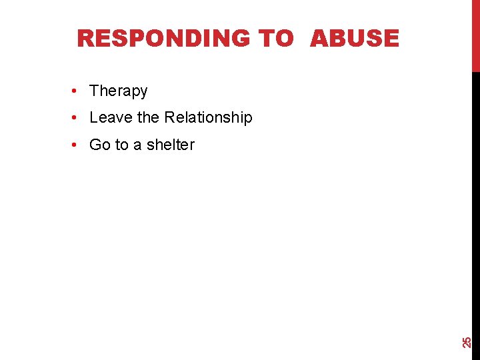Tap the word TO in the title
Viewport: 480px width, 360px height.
click(276, 39)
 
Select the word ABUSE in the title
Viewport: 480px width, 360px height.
click(355, 39)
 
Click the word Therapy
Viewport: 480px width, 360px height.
click(118, 91)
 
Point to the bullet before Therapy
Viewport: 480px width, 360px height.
click(79, 91)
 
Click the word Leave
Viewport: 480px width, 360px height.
click(111, 117)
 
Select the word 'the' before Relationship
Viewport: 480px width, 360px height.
click(148, 117)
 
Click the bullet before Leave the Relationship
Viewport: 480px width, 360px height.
click(79, 117)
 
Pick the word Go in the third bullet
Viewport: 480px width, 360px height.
click(99, 145)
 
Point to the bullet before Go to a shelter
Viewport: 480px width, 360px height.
click(79, 145)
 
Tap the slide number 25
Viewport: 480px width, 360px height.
click(467, 342)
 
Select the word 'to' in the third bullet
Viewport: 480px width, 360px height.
click(122, 145)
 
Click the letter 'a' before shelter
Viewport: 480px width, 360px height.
click(137, 145)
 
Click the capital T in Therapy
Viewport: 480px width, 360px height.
click(94, 91)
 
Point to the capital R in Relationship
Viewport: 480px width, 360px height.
click(169, 117)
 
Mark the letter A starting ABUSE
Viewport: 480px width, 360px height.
click(319, 39)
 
